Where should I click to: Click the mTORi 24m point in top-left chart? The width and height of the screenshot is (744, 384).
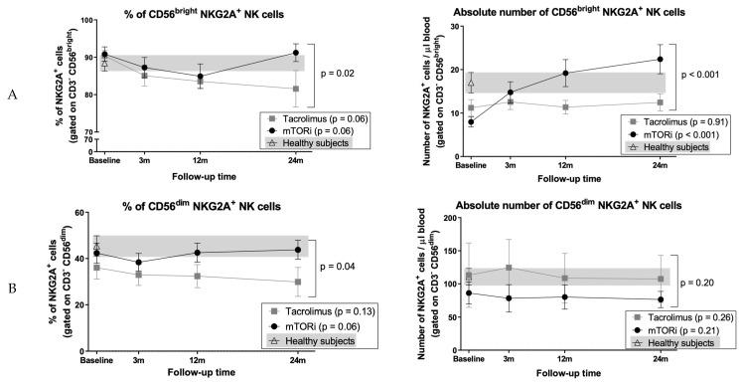[x=296, y=53]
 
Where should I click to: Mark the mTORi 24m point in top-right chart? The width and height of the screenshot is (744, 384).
[x=659, y=60]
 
